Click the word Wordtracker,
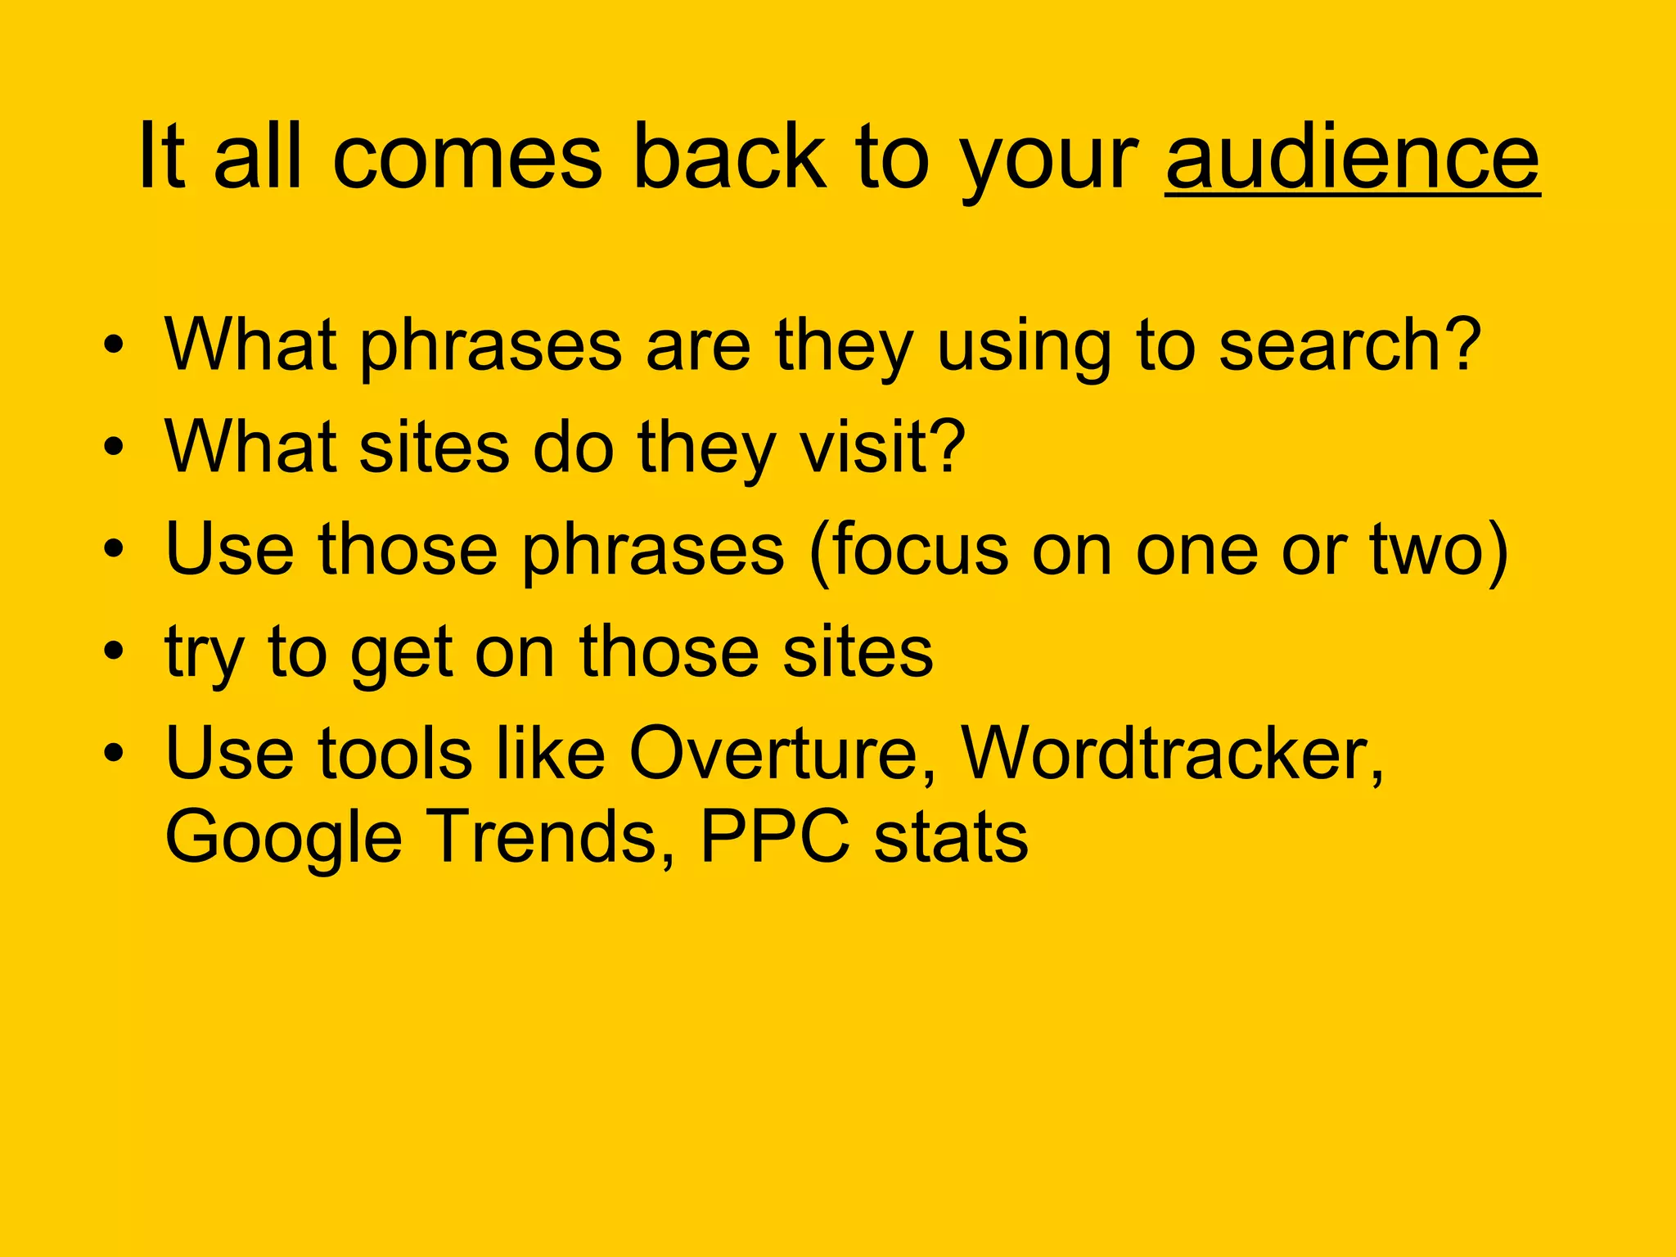(x=1172, y=753)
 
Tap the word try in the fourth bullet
(x=204, y=653)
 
